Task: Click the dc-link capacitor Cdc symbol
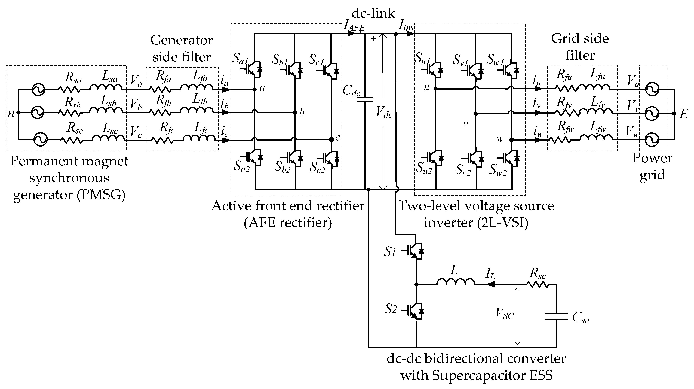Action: click(x=365, y=99)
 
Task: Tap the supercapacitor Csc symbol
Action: click(x=556, y=317)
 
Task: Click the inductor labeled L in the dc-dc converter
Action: click(x=456, y=282)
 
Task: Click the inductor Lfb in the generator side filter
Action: click(x=196, y=110)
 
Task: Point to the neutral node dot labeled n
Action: click(x=18, y=113)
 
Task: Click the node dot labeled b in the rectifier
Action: click(x=295, y=113)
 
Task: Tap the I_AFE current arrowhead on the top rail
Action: click(x=352, y=33)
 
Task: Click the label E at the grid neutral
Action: click(x=684, y=114)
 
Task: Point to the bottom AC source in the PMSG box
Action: click(x=40, y=139)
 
